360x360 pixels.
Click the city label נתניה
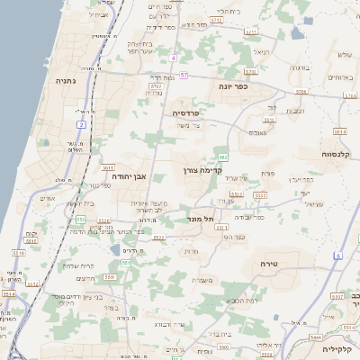(64, 81)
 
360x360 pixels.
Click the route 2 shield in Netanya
(81, 124)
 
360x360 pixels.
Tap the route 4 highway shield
(172, 58)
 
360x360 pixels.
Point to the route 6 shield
(337, 256)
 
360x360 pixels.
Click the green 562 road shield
(222, 157)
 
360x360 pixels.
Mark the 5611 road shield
(108, 167)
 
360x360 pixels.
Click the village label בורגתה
(300, 67)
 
